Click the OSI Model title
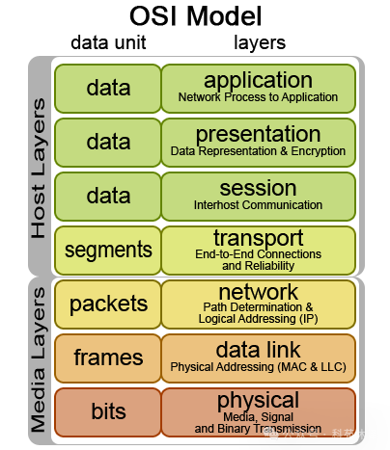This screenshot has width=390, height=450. (196, 16)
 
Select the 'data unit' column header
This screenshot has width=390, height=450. (108, 42)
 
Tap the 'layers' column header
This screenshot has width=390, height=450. (260, 42)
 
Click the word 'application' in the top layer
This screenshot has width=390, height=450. (258, 80)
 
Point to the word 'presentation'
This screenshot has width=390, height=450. (258, 134)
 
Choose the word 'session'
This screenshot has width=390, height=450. (258, 188)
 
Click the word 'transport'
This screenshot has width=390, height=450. (258, 238)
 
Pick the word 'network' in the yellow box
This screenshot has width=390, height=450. (258, 292)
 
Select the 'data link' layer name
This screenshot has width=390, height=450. (258, 350)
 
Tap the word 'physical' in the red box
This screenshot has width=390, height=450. (258, 401)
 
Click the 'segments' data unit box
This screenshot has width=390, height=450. (108, 251)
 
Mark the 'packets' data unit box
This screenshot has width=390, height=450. (108, 304)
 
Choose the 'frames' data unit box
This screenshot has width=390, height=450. (108, 358)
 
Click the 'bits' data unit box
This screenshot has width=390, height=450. (108, 412)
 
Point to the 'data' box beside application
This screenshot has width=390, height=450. (108, 89)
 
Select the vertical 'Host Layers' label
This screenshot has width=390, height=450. (39, 169)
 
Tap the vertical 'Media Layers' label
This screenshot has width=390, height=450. (39, 359)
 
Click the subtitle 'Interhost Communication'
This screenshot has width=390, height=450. (258, 205)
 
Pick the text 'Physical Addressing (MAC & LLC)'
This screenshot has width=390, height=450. (258, 367)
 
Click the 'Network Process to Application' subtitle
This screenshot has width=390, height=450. (258, 97)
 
